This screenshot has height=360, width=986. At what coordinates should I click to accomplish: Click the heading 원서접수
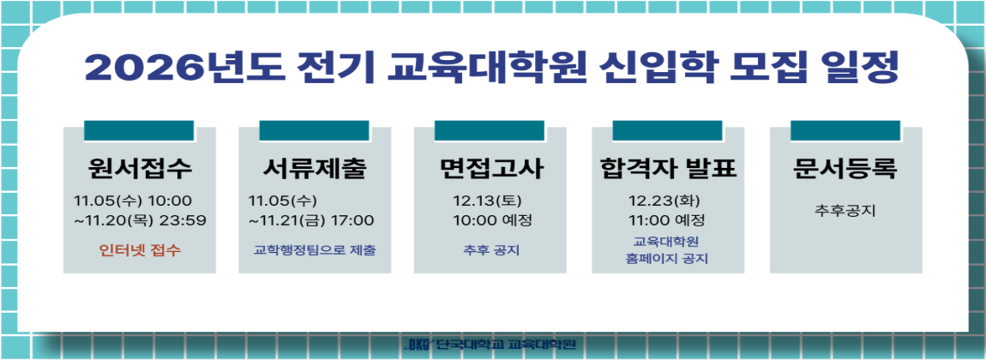[140, 169]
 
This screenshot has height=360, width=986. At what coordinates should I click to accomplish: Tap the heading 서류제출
[315, 169]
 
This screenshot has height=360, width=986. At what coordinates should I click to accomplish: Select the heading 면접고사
[490, 169]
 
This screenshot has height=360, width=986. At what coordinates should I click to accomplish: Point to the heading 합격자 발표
[668, 169]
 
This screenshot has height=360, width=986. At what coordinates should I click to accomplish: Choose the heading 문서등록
[845, 169]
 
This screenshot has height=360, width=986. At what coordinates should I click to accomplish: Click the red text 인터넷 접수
[140, 250]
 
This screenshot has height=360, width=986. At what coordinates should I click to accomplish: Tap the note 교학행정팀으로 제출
[315, 250]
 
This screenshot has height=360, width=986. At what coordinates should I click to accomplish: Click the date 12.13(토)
[487, 201]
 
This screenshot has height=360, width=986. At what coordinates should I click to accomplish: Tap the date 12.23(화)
[664, 201]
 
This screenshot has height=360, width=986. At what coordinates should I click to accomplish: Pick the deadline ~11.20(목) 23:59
[140, 220]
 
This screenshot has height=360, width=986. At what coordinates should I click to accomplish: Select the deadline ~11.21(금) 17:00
[311, 220]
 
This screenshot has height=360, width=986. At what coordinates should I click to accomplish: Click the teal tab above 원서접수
[139, 130]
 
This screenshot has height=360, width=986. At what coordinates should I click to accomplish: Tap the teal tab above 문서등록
[845, 130]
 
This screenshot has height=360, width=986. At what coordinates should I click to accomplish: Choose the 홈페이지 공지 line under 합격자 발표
[667, 258]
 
